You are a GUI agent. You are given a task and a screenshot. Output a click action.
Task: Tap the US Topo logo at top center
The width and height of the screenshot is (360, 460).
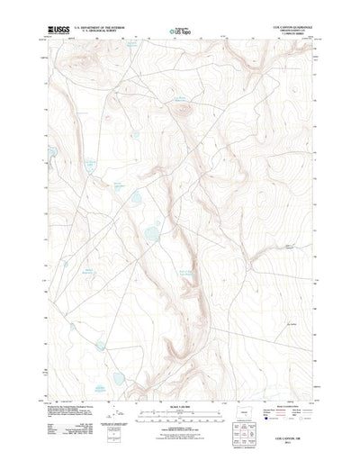[x=178, y=31]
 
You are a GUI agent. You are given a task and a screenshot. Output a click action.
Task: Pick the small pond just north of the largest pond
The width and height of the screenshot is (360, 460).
[x=135, y=196]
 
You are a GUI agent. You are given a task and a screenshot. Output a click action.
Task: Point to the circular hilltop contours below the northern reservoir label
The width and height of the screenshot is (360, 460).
[x=184, y=112]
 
